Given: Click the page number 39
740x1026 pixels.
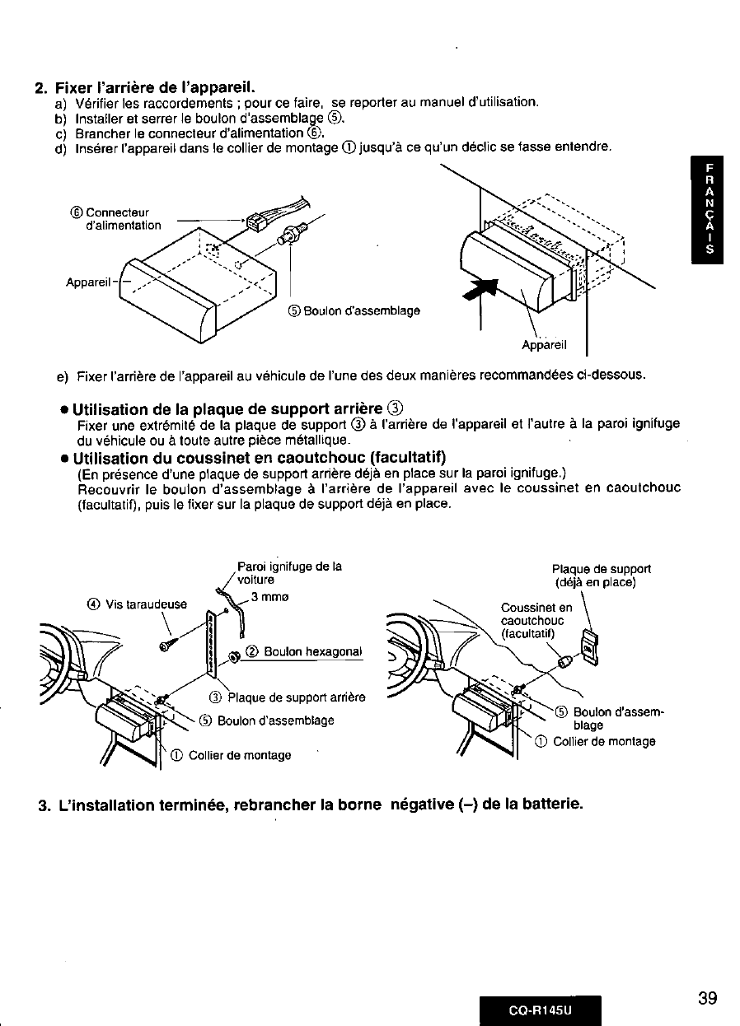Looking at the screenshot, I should point(707,999).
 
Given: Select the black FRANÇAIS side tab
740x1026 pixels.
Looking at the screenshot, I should point(709,212).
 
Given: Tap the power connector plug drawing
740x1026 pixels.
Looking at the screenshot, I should point(257,221).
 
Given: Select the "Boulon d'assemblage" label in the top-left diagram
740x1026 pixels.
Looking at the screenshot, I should point(354,310).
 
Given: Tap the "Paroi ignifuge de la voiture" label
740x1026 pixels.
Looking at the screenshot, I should point(288,572).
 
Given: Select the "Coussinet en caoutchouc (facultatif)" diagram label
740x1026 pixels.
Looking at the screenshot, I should point(532,620).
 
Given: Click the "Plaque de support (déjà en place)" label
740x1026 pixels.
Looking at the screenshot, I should point(602,576).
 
